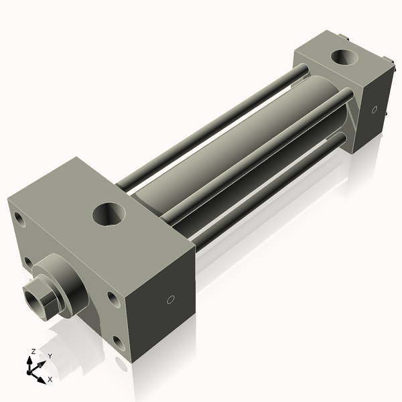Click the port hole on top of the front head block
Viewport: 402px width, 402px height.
[108, 214]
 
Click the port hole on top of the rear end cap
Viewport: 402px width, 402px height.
[346, 58]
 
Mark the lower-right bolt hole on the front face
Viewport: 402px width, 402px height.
[119, 343]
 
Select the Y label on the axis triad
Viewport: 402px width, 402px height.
[50, 356]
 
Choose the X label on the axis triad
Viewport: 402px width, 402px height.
[50, 379]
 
